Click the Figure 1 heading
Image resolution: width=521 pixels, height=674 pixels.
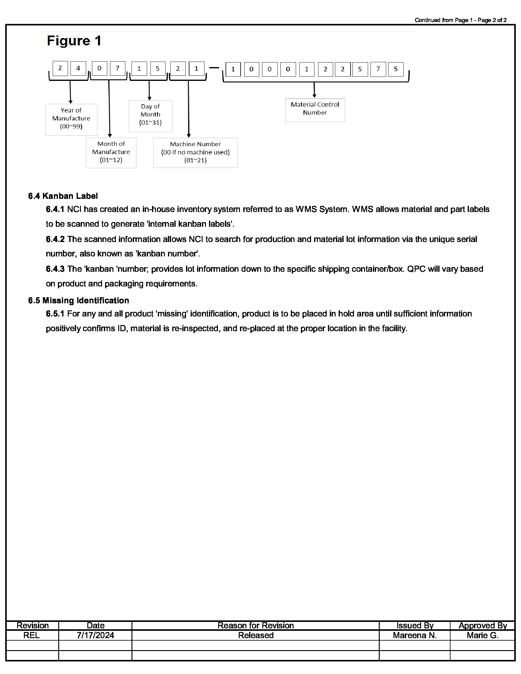tap(74, 41)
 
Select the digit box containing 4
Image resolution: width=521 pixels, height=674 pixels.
tap(78, 69)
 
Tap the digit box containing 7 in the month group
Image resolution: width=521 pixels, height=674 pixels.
tap(117, 69)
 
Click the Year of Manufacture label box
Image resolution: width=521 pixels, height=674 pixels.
tap(71, 120)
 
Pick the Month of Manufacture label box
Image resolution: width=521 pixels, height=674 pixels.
tap(111, 153)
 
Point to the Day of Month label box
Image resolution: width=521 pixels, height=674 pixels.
tap(150, 116)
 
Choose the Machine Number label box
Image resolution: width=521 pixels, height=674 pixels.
tap(196, 153)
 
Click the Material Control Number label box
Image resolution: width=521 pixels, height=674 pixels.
tap(315, 110)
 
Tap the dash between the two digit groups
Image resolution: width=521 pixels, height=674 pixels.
tap(214, 68)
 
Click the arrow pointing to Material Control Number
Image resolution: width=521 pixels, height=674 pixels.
tap(314, 90)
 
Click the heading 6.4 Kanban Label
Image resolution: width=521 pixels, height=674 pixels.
tap(63, 196)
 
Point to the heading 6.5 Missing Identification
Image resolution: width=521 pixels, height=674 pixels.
tap(78, 301)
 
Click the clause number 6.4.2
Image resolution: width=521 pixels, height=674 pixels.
tap(55, 239)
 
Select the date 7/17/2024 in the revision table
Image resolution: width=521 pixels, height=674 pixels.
tap(95, 635)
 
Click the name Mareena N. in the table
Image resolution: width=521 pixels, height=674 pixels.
tap(415, 635)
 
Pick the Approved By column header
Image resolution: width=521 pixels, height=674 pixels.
tap(482, 626)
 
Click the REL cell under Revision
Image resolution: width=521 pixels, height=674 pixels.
tap(32, 635)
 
